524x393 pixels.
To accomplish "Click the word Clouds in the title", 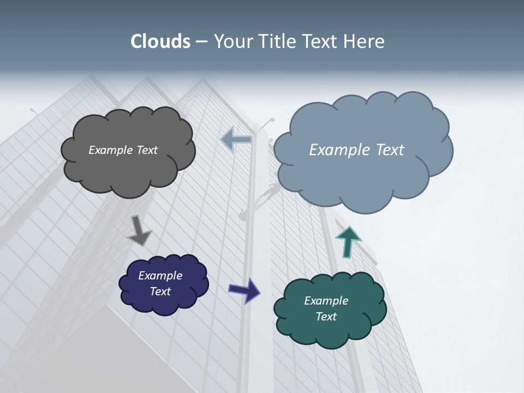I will pyautogui.click(x=160, y=41).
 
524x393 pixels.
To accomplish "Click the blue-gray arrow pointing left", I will pyautogui.click(x=236, y=140).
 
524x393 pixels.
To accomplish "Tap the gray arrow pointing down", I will pyautogui.click(x=139, y=231).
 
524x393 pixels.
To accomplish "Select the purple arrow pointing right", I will pyautogui.click(x=245, y=290).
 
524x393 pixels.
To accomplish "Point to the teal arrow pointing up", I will pyautogui.click(x=348, y=241).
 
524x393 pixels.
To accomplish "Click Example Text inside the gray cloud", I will pyautogui.click(x=123, y=150).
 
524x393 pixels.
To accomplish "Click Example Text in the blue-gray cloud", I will pyautogui.click(x=356, y=150).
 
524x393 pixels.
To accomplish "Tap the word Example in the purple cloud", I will pyautogui.click(x=160, y=276).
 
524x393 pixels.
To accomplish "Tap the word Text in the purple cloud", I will pyautogui.click(x=160, y=291).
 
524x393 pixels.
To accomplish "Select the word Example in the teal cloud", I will pyautogui.click(x=326, y=301).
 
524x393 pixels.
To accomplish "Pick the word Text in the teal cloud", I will pyautogui.click(x=326, y=317).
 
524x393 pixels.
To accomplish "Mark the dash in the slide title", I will pyautogui.click(x=201, y=42).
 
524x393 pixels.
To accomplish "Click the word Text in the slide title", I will pyautogui.click(x=321, y=41).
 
